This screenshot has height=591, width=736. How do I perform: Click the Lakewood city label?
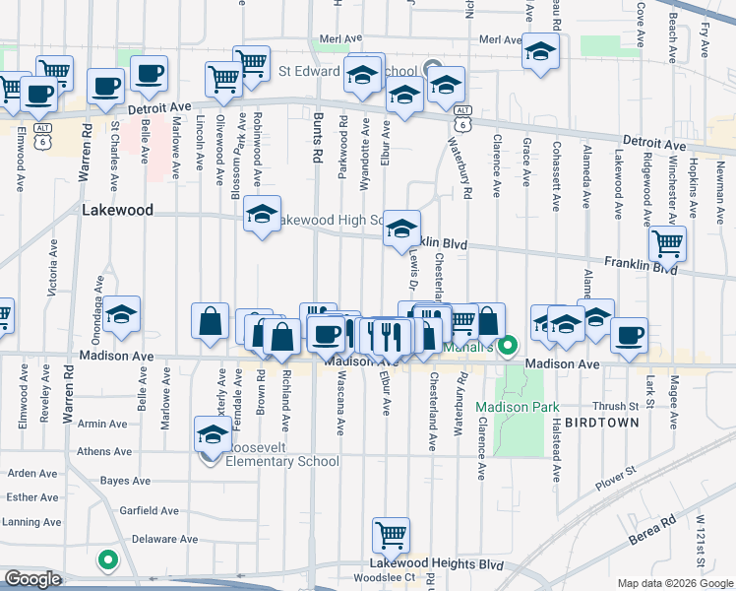click(x=118, y=210)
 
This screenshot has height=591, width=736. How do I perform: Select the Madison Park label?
click(x=518, y=407)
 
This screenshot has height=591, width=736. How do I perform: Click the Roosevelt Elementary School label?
click(x=283, y=460)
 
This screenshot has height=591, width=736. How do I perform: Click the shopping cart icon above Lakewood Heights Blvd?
click(x=391, y=536)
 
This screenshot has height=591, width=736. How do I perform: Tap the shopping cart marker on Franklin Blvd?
click(x=668, y=242)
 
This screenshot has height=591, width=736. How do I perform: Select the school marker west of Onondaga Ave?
click(x=122, y=314)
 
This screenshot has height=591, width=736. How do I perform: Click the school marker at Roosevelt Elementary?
click(x=213, y=432)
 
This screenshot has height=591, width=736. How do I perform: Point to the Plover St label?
click(x=618, y=477)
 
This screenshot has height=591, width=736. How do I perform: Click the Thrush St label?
click(x=616, y=406)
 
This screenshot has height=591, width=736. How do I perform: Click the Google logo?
click(x=34, y=578)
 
